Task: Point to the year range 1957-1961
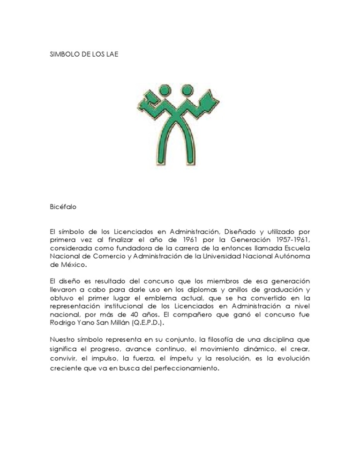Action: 291,240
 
